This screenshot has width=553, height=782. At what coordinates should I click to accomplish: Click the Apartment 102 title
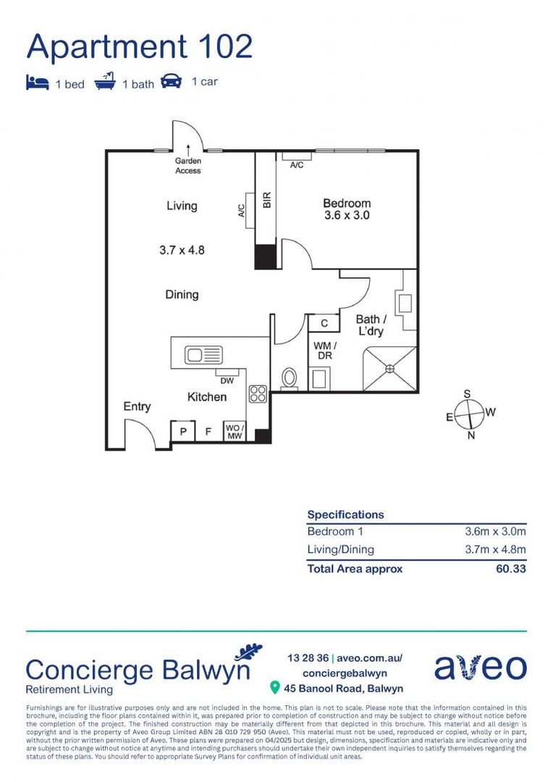[140, 46]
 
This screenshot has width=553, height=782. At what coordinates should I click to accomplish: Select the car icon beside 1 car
[172, 81]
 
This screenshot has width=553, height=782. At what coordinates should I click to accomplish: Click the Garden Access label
[188, 166]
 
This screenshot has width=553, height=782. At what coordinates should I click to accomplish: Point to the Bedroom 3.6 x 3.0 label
[347, 209]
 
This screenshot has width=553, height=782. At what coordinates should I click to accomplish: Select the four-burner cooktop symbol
[258, 394]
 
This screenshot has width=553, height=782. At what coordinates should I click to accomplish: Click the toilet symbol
[289, 379]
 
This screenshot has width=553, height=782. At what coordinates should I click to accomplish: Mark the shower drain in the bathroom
[392, 369]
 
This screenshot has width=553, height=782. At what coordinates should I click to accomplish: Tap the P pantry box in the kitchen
[183, 432]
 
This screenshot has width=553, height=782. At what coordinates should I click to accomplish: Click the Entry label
[137, 407]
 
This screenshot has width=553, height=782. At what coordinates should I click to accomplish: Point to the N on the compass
[470, 436]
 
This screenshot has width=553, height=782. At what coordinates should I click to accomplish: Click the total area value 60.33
[510, 568]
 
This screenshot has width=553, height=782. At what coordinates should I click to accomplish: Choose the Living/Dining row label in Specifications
[341, 550]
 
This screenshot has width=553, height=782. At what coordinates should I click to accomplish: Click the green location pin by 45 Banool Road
[274, 686]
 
